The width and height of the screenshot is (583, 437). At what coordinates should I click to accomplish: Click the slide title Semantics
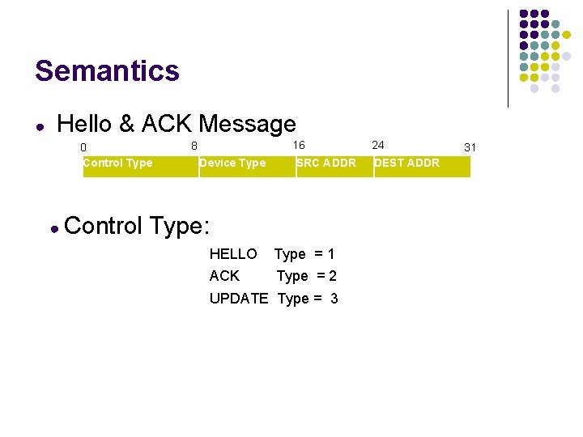pyautogui.click(x=107, y=71)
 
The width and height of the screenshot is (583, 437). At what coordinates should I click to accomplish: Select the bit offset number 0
pyautogui.click(x=83, y=147)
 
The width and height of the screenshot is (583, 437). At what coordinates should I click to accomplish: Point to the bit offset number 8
pyautogui.click(x=194, y=146)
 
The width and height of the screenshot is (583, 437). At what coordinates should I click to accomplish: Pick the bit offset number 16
pyautogui.click(x=299, y=145)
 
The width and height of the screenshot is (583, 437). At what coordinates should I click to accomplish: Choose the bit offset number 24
pyautogui.click(x=378, y=145)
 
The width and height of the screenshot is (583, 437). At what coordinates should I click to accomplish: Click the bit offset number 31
pyautogui.click(x=470, y=147)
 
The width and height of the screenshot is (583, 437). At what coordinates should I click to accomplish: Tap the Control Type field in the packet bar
pyautogui.click(x=117, y=163)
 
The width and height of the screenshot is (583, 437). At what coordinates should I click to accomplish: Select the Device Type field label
pyautogui.click(x=232, y=163)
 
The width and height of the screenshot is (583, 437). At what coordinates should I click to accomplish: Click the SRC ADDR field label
pyautogui.click(x=326, y=163)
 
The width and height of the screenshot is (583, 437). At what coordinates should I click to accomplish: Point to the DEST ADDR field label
pyautogui.click(x=406, y=163)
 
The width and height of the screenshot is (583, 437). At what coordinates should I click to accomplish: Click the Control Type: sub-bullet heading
pyautogui.click(x=137, y=225)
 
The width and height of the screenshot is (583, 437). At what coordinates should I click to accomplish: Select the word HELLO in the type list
pyautogui.click(x=233, y=254)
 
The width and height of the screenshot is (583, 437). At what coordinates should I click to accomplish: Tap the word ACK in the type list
pyautogui.click(x=224, y=276)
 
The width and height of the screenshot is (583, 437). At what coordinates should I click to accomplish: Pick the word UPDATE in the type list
pyautogui.click(x=238, y=299)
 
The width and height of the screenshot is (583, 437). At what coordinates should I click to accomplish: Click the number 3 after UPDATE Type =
pyautogui.click(x=334, y=299)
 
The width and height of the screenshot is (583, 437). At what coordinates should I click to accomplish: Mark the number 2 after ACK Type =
pyautogui.click(x=333, y=276)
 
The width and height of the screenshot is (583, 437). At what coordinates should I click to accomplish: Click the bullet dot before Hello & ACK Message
pyautogui.click(x=40, y=127)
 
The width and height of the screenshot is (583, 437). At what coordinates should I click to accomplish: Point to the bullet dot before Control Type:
pyautogui.click(x=53, y=229)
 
